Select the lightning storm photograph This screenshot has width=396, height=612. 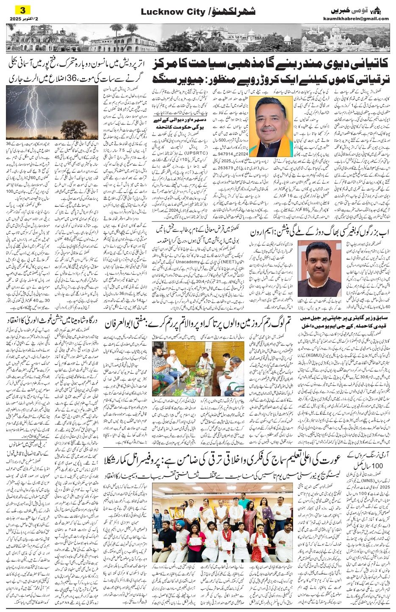coord(52,112)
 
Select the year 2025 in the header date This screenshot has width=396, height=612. coord(17,19)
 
